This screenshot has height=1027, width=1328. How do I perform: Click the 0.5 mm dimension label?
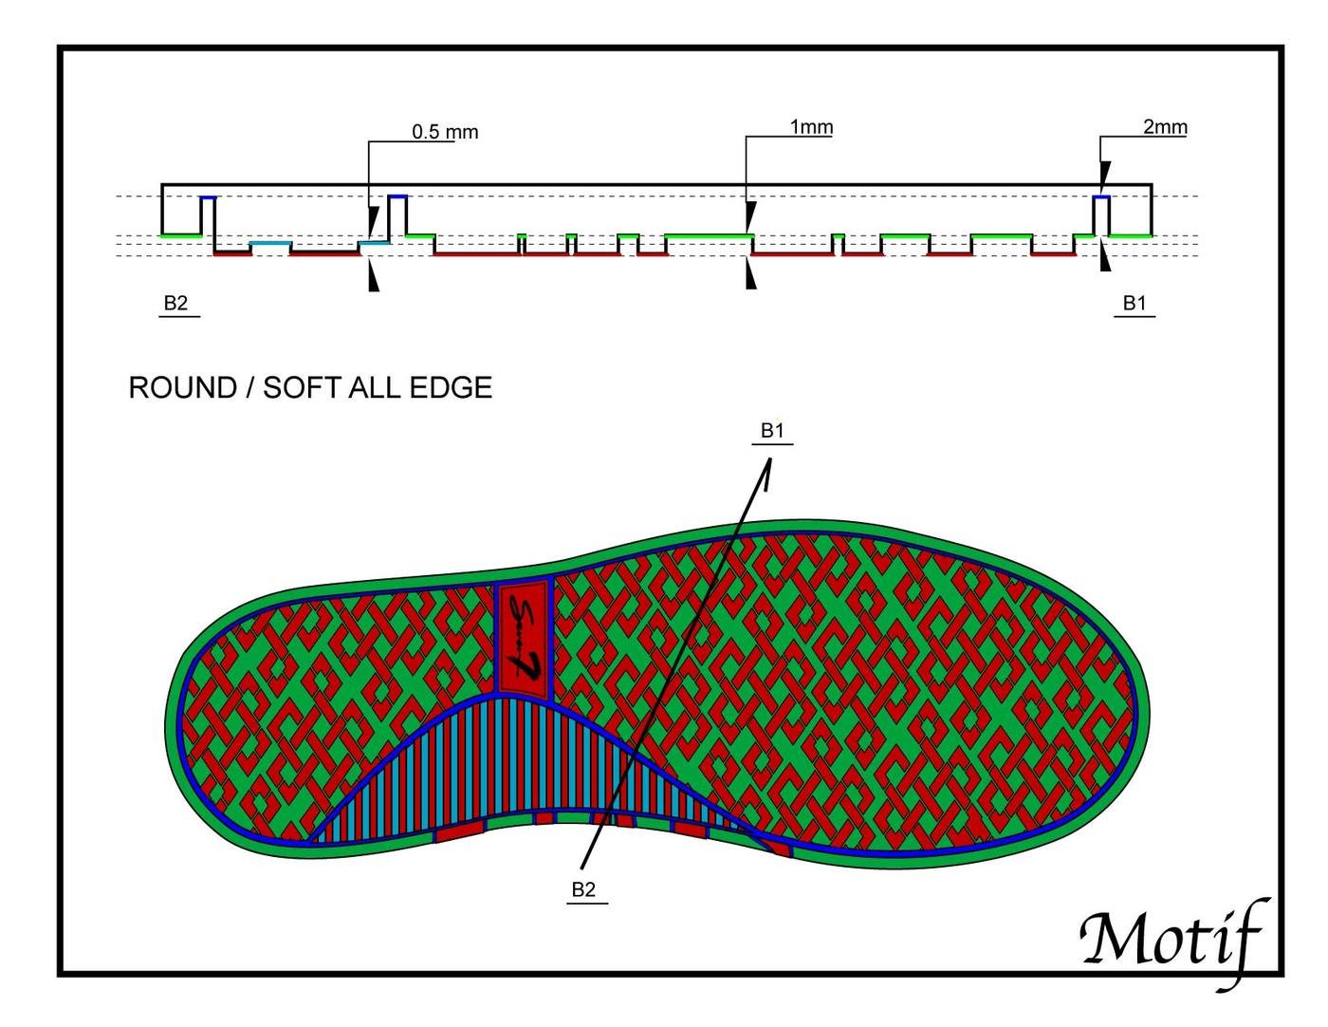tap(445, 132)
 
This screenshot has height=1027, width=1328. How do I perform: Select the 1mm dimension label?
tap(811, 127)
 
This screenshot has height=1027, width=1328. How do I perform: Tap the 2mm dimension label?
tap(1165, 127)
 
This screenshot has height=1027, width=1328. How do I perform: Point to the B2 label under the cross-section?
tap(176, 304)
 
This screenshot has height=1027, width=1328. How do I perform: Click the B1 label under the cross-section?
tap(1134, 304)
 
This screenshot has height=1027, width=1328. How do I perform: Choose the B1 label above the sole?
tap(773, 431)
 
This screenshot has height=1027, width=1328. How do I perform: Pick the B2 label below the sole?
tap(583, 889)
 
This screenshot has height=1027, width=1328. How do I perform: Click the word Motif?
tap(1172, 940)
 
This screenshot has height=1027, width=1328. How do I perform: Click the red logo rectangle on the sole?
tap(524, 638)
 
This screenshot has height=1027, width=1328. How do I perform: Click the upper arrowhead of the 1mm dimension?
tap(751, 216)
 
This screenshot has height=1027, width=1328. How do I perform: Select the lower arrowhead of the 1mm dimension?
tap(751, 273)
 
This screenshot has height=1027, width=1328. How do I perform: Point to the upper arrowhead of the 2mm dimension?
tap(1104, 174)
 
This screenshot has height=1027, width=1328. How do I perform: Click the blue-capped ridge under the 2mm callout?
tap(1100, 214)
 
